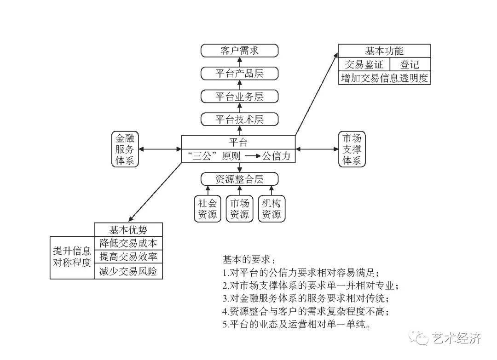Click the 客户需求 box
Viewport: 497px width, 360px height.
(x=239, y=51)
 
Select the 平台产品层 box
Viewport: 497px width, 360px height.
(x=239, y=74)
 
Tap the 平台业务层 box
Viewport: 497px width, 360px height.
(x=239, y=97)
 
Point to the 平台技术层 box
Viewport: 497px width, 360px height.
(x=239, y=120)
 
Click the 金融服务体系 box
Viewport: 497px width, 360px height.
(x=125, y=149)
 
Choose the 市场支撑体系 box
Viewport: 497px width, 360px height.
(x=352, y=149)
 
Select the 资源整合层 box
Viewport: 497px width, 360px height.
(x=239, y=179)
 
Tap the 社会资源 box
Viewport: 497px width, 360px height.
(x=207, y=208)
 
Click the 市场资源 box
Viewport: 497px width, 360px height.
(x=239, y=208)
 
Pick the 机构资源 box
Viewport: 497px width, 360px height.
(x=272, y=208)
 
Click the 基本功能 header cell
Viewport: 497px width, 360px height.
(x=384, y=51)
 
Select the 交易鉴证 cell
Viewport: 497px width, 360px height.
(x=364, y=64)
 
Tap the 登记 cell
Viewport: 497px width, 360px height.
(x=410, y=64)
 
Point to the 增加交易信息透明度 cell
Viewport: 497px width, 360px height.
(x=384, y=78)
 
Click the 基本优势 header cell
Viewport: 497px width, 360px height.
(x=129, y=229)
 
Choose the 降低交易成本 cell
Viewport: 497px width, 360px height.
(x=129, y=243)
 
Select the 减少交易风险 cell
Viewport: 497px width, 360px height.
(x=129, y=272)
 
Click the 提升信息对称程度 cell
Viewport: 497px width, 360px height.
(x=72, y=257)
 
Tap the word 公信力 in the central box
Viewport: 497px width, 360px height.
(x=276, y=156)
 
